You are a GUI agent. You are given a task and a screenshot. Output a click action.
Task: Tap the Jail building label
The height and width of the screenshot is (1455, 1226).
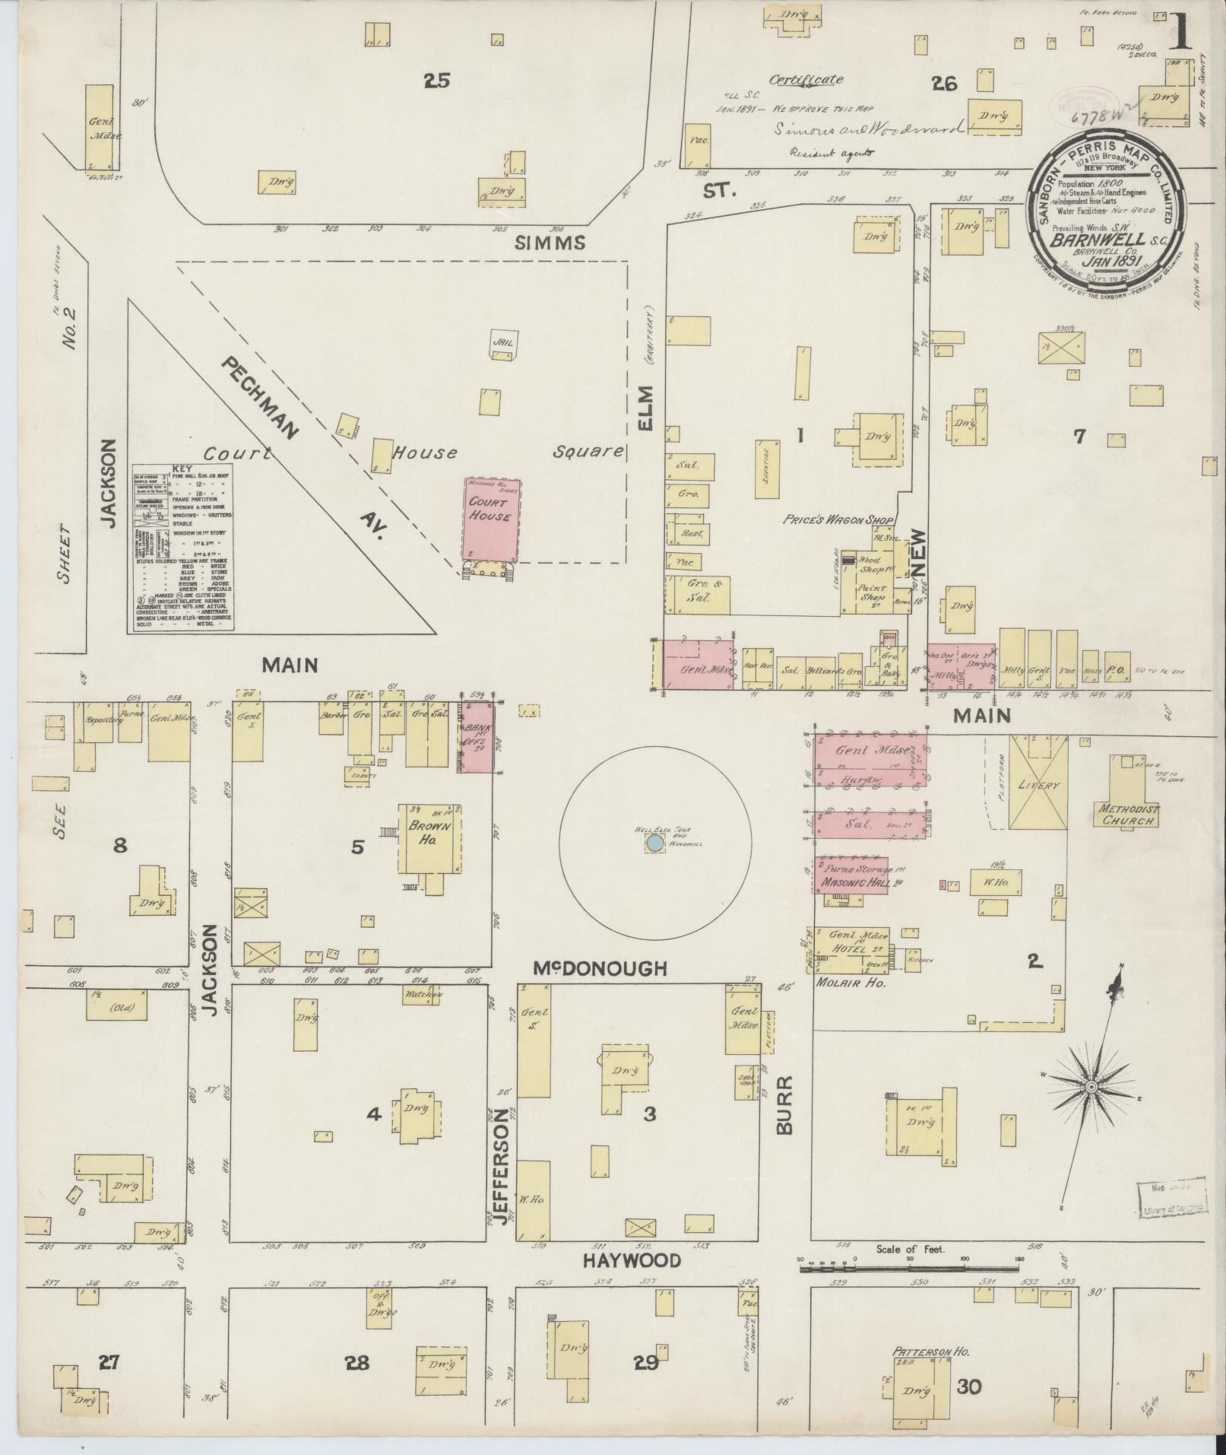coord(503,342)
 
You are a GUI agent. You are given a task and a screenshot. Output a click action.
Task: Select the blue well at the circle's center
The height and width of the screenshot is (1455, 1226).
coord(654,843)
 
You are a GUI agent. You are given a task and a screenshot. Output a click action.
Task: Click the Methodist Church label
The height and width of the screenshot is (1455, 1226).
coord(1128,815)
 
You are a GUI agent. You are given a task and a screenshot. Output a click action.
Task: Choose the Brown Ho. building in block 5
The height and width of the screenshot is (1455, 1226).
coord(430,839)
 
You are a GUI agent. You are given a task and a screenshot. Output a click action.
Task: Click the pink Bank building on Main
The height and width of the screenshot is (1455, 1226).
coord(477,737)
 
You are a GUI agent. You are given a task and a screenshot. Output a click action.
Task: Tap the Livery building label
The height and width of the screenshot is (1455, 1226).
coord(1038,783)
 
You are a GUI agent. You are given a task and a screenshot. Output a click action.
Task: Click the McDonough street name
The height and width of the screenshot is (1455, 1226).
coord(600,968)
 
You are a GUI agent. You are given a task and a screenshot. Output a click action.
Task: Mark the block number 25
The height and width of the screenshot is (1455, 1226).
coord(437,81)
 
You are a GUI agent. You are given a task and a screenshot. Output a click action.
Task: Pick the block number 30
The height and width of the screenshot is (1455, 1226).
coord(968,1387)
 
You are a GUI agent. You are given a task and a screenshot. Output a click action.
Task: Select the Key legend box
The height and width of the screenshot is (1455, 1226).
coord(182,548)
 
